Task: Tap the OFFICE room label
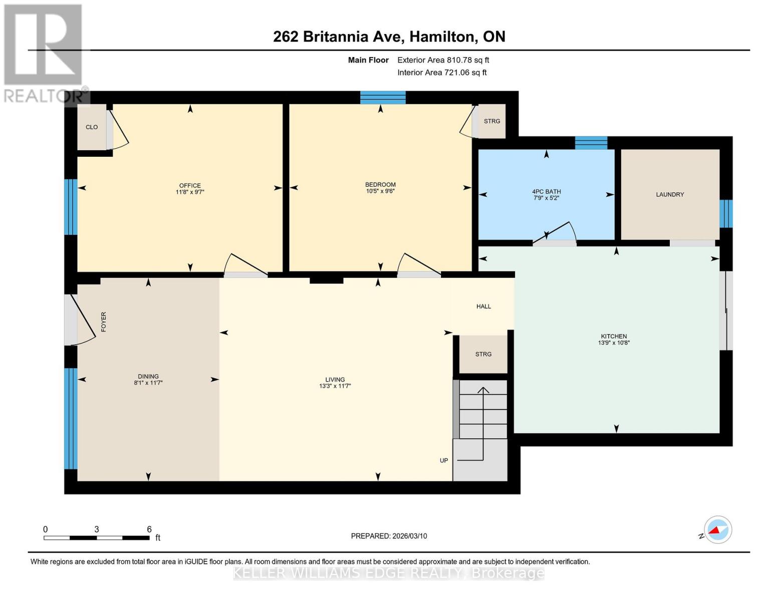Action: [190, 185]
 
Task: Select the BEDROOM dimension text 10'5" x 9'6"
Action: [380, 191]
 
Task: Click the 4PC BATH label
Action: [546, 191]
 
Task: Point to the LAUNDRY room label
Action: [670, 194]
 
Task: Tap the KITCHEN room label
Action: [614, 336]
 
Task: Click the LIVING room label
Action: [335, 380]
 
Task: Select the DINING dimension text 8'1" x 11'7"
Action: [148, 383]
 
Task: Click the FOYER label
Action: [104, 322]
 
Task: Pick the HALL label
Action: [483, 306]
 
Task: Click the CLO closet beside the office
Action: [92, 127]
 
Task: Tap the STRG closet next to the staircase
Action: [483, 354]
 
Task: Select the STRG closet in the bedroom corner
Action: [492, 121]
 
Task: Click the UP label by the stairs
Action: [444, 460]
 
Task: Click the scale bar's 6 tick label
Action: [149, 529]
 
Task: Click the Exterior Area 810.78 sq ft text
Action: [443, 60]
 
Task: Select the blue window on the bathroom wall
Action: [591, 143]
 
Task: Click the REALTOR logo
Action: [44, 53]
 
